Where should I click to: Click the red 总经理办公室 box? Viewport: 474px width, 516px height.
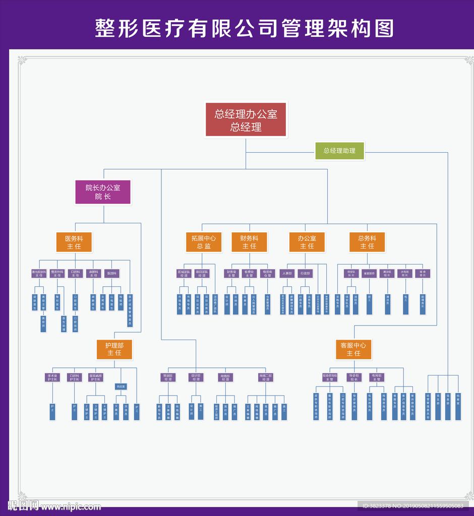[x=246, y=120]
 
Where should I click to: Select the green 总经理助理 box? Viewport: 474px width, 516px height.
[x=339, y=151]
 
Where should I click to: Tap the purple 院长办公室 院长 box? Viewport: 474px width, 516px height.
[x=103, y=192]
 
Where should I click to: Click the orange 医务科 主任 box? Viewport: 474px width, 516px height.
[x=74, y=242]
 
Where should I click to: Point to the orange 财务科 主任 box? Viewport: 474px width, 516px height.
[x=249, y=242]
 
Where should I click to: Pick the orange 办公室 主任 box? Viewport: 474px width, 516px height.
[x=307, y=242]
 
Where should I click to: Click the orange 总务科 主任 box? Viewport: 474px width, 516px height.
[x=367, y=242]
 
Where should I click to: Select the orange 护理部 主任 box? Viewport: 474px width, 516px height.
[x=114, y=349]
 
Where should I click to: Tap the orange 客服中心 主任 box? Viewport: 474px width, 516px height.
[x=353, y=349]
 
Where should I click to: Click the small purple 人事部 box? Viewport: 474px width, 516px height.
[x=287, y=273]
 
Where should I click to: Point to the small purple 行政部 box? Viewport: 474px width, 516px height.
[x=305, y=273]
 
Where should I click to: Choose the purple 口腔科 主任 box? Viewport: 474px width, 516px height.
[x=75, y=273]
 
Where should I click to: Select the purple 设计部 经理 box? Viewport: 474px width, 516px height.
[x=195, y=377]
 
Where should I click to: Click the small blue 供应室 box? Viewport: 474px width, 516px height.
[x=121, y=386]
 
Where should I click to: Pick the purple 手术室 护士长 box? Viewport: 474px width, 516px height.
[x=52, y=377]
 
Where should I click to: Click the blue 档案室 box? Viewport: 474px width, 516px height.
[x=458, y=406]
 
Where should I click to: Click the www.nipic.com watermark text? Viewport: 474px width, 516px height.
[x=71, y=505]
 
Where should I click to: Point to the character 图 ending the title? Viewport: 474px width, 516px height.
[x=385, y=28]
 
